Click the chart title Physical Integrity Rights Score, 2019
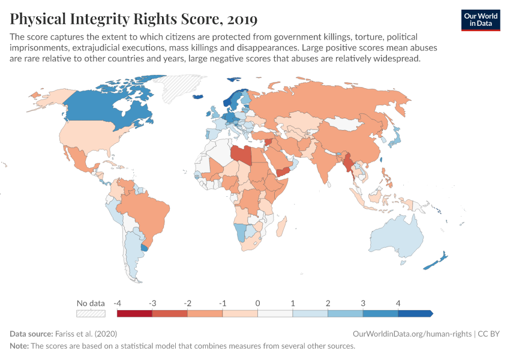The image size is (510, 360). coord(133,19)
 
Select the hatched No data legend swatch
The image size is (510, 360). coord(91,313)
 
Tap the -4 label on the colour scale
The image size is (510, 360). coord(118,303)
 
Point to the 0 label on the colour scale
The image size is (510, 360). coord(257,303)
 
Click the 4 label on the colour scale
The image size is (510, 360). coord(398,303)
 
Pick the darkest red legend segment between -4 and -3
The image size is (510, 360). coord(134,313)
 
